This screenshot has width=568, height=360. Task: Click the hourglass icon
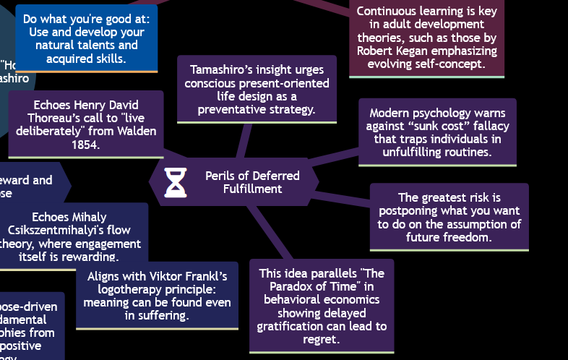coord(176,182)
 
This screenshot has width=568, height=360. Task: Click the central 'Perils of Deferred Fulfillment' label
coord(252,182)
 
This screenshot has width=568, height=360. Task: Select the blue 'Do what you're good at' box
coord(85,39)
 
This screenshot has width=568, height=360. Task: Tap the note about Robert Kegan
coord(426,38)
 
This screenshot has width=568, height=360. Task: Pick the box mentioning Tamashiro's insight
coord(257,90)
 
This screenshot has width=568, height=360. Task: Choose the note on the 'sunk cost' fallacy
coord(437,132)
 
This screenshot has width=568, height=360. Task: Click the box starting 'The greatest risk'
coord(449,217)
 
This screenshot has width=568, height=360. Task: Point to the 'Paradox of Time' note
coord(322,306)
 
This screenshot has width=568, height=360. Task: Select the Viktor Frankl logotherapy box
coord(157,296)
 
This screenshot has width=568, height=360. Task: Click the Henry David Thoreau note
coord(86,125)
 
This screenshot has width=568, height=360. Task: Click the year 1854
coord(85,145)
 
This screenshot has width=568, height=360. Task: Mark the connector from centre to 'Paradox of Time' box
coord(271,231)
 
